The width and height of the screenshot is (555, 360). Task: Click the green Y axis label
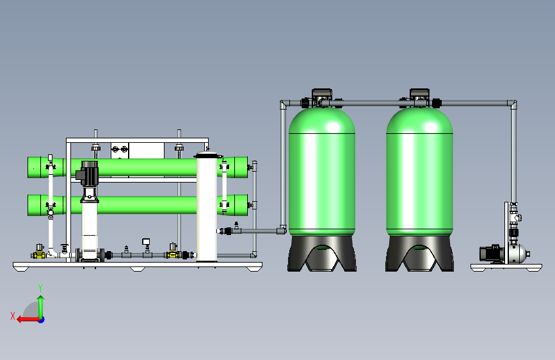[x=40, y=288]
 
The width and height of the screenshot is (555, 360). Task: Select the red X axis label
[x=13, y=316]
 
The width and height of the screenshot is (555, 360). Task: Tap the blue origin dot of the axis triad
[x=42, y=320]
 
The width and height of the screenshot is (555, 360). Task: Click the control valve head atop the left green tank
[x=322, y=97]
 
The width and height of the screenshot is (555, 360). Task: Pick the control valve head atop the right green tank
[x=419, y=97]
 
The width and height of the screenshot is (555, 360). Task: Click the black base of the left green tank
[x=322, y=254]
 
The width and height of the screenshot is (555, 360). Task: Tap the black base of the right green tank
[x=419, y=254]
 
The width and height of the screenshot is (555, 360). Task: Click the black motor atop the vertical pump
[x=88, y=173]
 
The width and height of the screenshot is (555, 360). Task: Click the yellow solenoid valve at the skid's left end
[x=38, y=251]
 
